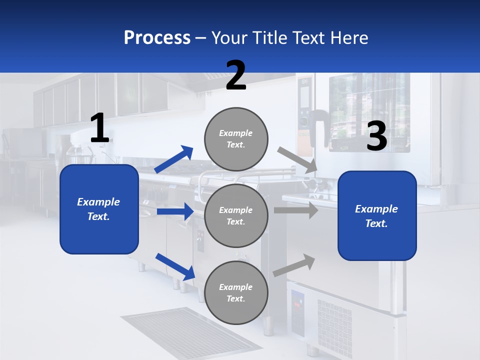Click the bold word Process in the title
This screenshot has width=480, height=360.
tap(157, 38)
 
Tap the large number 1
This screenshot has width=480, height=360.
tap(99, 128)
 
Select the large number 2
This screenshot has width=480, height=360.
tap(236, 75)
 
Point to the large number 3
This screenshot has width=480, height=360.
tap(376, 136)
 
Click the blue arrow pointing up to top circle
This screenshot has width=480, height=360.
tap(174, 159)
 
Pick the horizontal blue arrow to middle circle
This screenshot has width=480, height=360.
tap(175, 211)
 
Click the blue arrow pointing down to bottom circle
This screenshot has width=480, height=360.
tap(175, 266)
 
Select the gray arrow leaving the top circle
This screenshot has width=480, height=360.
tap(298, 160)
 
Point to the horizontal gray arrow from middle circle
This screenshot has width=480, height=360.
tap(296, 210)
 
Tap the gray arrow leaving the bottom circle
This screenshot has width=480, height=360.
tap(294, 265)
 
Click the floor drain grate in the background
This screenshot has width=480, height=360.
tap(190, 332)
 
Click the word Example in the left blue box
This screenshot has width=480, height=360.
tap(98, 202)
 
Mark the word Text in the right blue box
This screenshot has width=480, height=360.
tap(376, 223)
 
